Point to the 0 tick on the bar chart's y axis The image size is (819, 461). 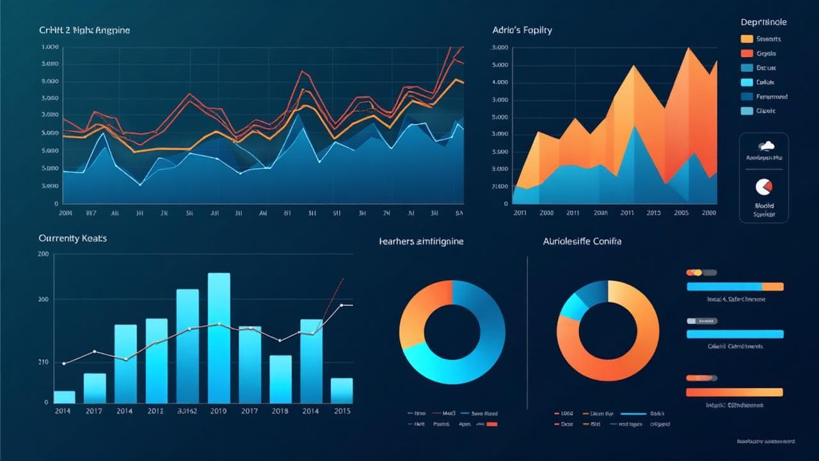[x=46, y=403]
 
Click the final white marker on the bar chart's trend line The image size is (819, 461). [x=342, y=305]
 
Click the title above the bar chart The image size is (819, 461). [x=72, y=238]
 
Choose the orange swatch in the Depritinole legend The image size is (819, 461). [x=747, y=39]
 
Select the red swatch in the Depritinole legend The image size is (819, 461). [x=747, y=54]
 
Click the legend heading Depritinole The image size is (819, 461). [x=763, y=22]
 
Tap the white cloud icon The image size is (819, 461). [x=764, y=146]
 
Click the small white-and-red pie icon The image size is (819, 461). [x=764, y=186]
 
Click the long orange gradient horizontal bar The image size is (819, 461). [x=734, y=392]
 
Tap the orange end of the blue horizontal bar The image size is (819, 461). [x=773, y=287]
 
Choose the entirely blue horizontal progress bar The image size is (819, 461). [x=735, y=334]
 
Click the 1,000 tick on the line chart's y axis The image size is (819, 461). [x=51, y=47]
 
